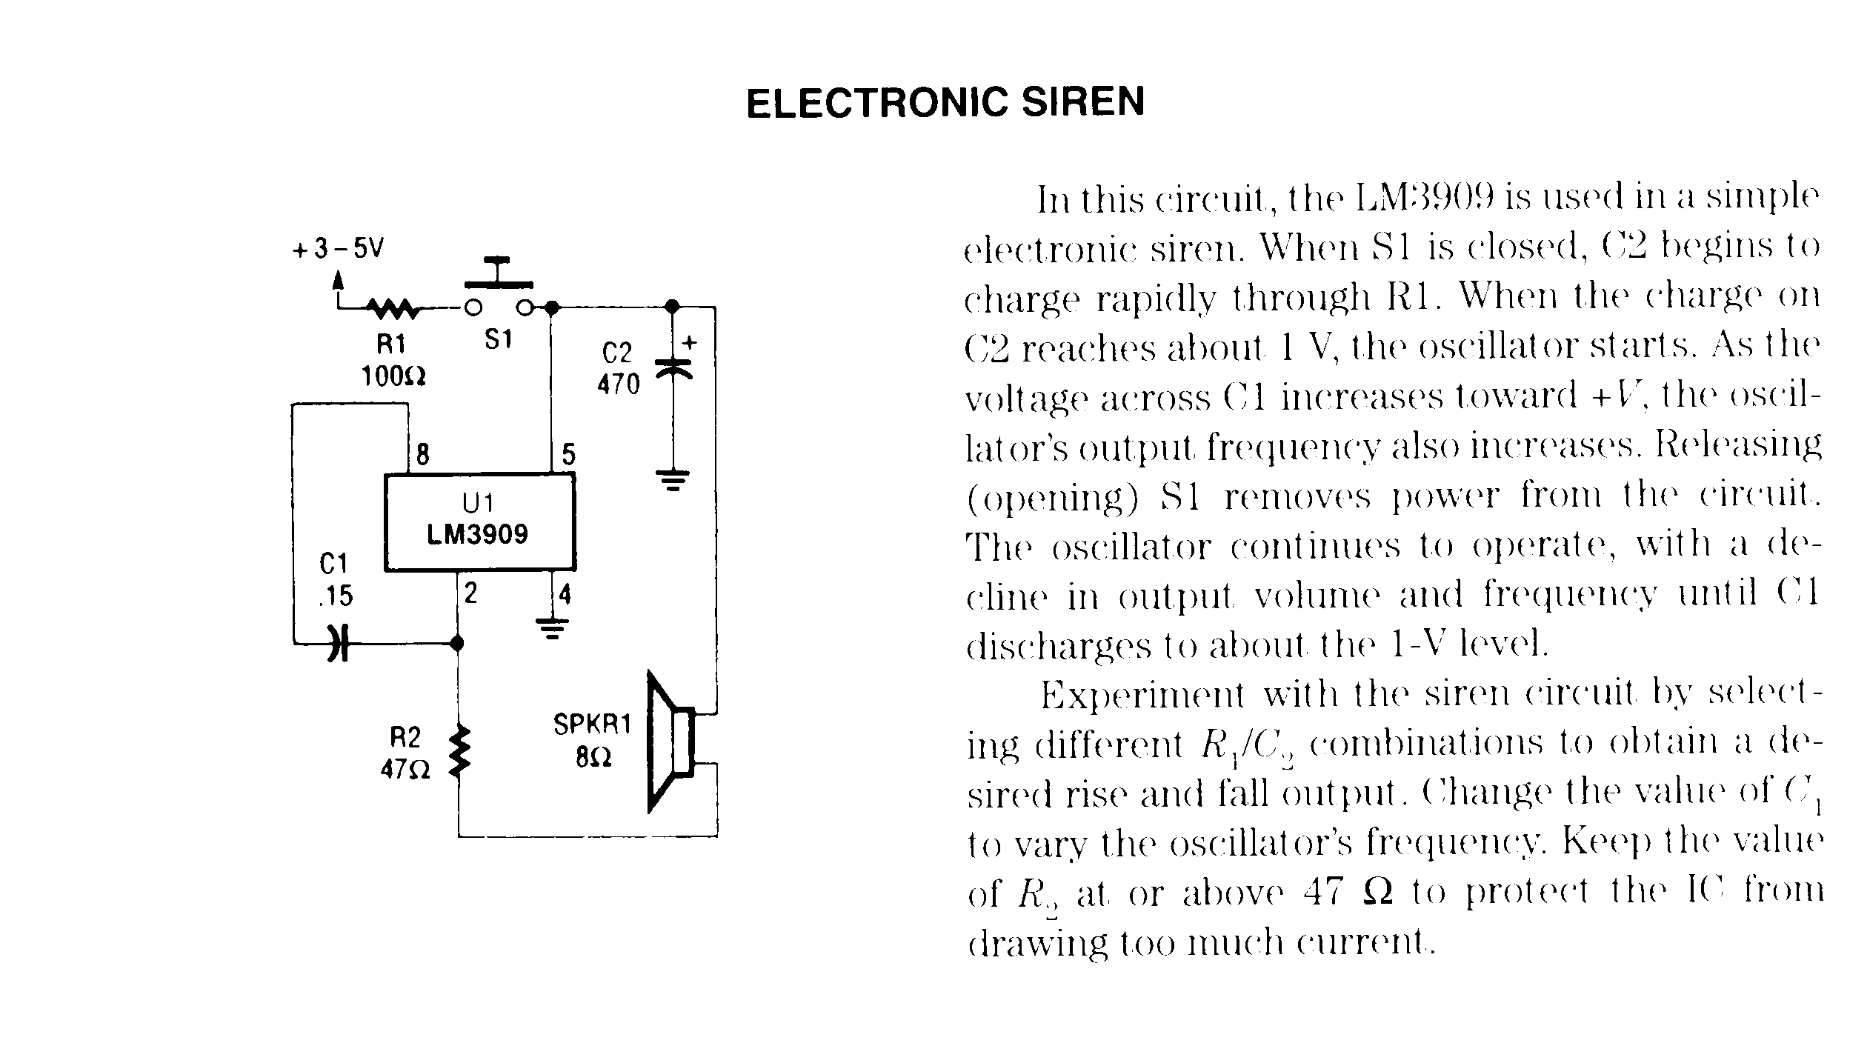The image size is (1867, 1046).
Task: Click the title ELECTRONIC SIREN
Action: pyautogui.click(x=945, y=103)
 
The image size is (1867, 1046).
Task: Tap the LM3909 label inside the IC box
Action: pyautogui.click(x=478, y=534)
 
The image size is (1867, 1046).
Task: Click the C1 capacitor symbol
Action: pyautogui.click(x=338, y=643)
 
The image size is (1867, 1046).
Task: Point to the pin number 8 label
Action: pyautogui.click(x=422, y=454)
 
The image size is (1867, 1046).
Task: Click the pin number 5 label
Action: pyautogui.click(x=568, y=454)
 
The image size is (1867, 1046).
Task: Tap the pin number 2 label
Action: pyautogui.click(x=470, y=593)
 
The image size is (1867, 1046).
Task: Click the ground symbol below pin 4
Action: pyautogui.click(x=551, y=628)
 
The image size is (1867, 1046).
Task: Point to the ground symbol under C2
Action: pyautogui.click(x=673, y=480)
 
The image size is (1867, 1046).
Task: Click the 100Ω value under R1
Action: pyautogui.click(x=393, y=377)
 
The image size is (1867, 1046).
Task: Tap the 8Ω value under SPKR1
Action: pyautogui.click(x=593, y=758)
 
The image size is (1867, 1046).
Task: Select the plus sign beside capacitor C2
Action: pyautogui.click(x=690, y=342)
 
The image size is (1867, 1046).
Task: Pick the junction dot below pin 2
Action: pyautogui.click(x=458, y=643)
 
